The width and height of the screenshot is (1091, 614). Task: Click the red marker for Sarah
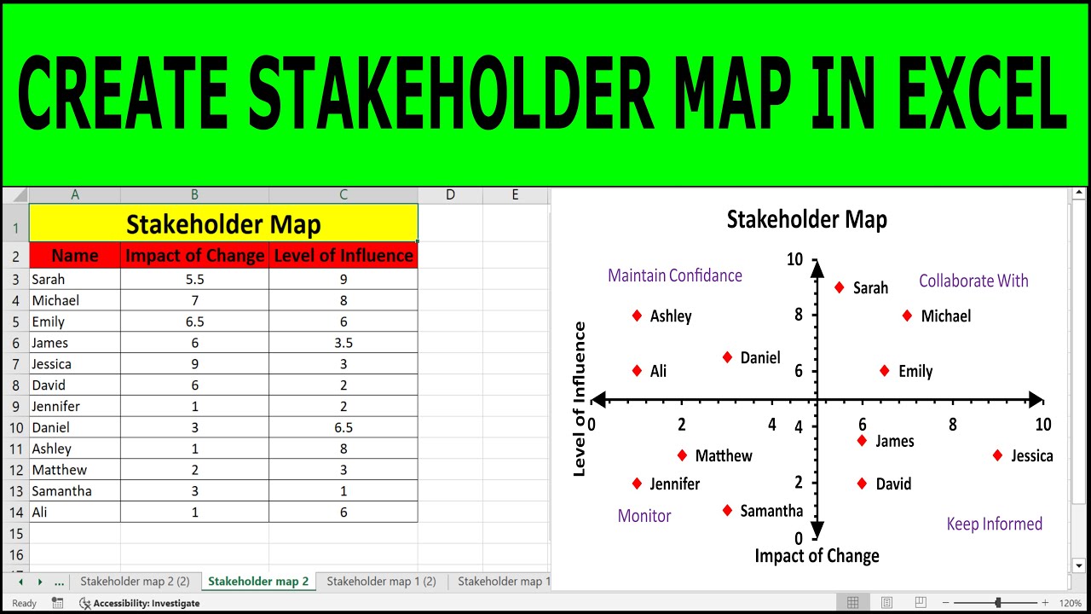coord(840,287)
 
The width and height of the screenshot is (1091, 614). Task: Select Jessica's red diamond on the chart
coord(997,455)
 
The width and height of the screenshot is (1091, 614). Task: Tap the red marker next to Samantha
coord(727,511)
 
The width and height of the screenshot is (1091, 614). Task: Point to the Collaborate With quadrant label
coord(973,281)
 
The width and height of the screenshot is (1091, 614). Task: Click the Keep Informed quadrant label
coord(994,524)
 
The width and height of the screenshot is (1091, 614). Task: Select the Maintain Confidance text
coord(674,275)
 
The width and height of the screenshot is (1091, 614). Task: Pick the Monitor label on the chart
coord(644,516)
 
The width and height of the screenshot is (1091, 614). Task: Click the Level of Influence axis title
coord(580,398)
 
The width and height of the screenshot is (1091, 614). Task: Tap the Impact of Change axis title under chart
coord(817,556)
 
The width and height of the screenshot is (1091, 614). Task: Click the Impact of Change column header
coord(194,255)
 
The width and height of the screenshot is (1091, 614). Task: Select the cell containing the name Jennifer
coord(74,406)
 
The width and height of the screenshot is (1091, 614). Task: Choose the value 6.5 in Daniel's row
coord(343,427)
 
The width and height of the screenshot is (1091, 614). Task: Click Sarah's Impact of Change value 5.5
coord(194,279)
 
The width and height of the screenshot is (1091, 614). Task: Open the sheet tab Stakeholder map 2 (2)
coord(135,582)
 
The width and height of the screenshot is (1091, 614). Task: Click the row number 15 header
coord(15,533)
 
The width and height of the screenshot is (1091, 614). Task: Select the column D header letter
coord(450,195)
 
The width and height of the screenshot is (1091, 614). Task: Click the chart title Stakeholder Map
coord(806,220)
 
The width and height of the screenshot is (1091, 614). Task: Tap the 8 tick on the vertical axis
coord(799,315)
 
